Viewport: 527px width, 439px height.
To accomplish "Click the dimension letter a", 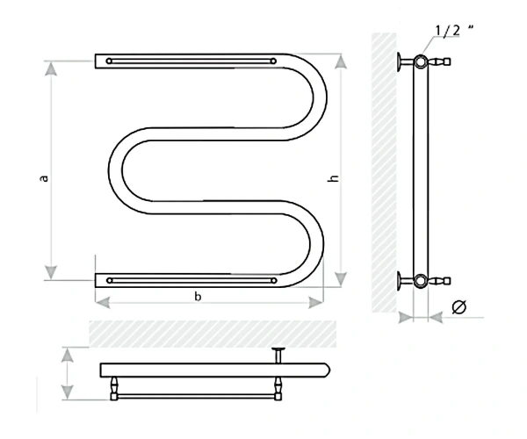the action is point(44,178).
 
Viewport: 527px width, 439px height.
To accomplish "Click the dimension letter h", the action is point(334,178).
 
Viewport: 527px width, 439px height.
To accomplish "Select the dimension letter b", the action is point(198,296).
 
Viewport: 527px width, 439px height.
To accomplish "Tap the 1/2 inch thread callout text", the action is point(454,30).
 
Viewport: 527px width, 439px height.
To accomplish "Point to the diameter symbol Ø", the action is point(459,306).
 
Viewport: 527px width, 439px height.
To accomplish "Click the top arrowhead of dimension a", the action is point(51,68).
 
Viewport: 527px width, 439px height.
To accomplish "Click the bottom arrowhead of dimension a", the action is point(51,272).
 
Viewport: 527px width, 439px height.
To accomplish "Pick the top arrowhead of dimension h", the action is point(341,61).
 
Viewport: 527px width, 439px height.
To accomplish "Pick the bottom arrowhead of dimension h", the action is point(341,279).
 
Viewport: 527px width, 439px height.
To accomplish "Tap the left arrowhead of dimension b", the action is point(103,302).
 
